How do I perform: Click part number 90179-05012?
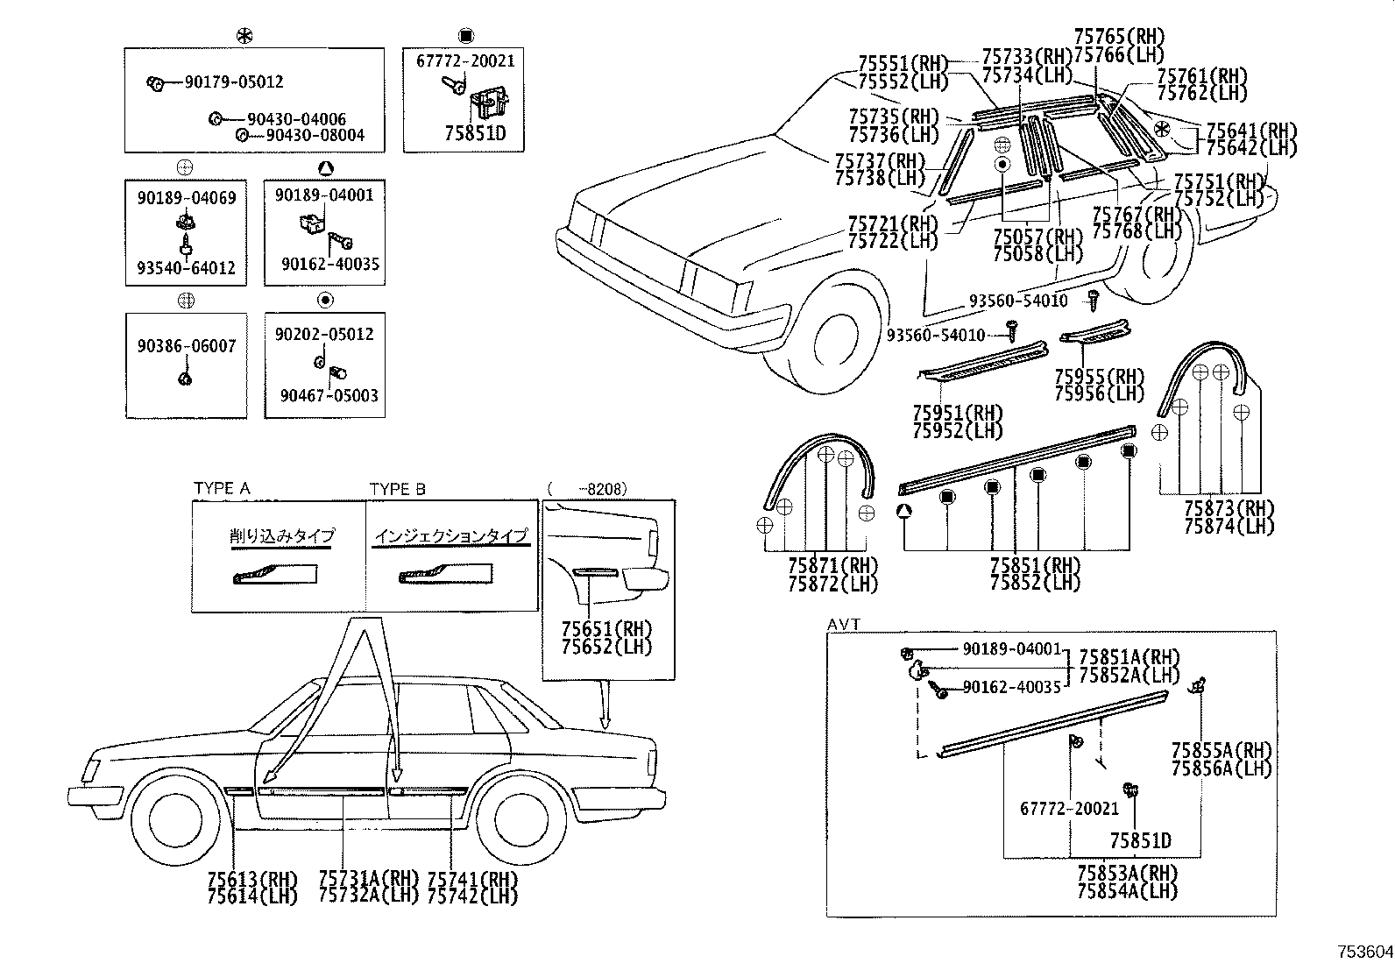[x=233, y=82]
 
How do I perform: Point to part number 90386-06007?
[x=186, y=346]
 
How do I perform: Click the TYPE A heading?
[x=222, y=489]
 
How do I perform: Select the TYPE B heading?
[x=397, y=489]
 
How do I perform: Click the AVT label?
[x=843, y=624]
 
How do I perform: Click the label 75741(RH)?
[x=472, y=879]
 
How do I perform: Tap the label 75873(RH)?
[x=1229, y=509]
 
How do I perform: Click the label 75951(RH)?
[x=957, y=413]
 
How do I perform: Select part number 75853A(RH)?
[x=1127, y=874]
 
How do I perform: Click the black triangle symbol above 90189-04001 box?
[x=325, y=168]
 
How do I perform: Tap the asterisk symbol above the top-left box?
[x=244, y=36]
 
